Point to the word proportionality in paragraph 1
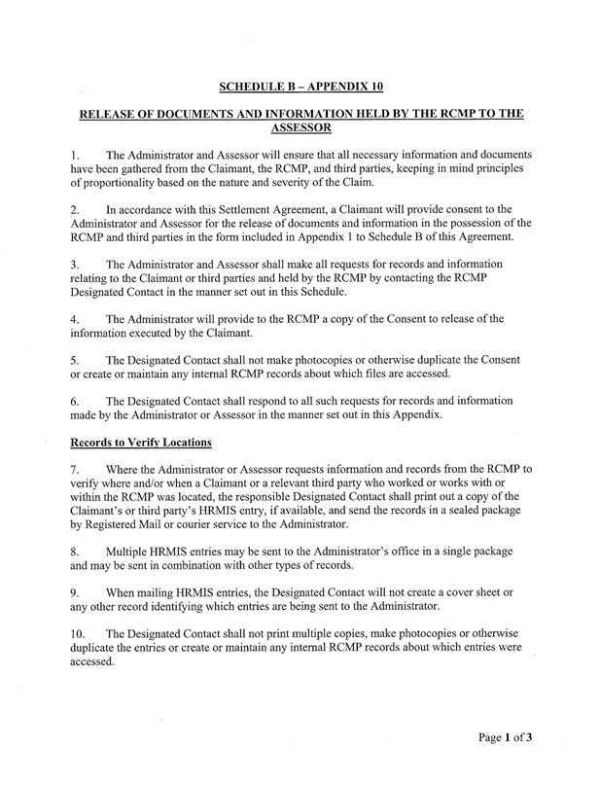[124, 185]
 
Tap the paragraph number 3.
[76, 263]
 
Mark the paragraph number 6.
[76, 401]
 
